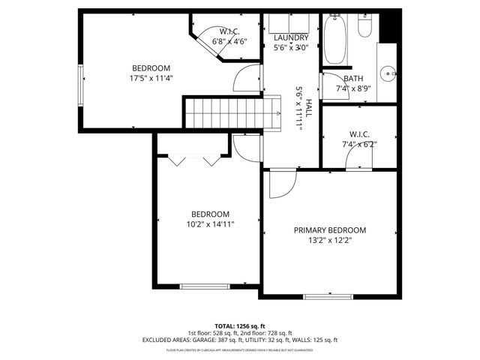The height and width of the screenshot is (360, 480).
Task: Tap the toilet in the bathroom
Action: [365, 25]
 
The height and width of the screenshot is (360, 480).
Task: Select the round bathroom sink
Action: [388, 73]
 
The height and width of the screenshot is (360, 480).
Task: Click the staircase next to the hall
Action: [222, 112]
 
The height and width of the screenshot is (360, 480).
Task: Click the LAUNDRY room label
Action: [291, 37]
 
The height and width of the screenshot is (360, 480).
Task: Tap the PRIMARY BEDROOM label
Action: [329, 230]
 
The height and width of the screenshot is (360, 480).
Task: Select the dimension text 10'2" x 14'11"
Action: [210, 223]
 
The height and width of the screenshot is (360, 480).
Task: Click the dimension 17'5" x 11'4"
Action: [151, 77]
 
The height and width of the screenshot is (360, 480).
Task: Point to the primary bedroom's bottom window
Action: [329, 295]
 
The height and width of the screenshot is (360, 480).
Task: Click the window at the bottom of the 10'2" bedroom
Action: [205, 286]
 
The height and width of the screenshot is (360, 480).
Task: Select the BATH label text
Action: [352, 79]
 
